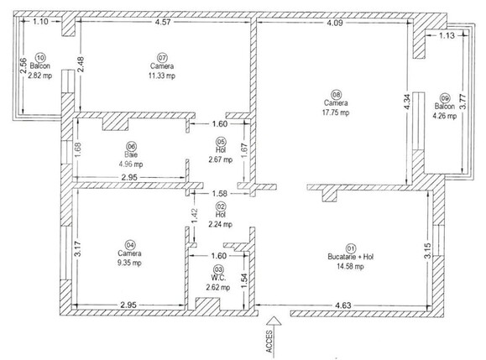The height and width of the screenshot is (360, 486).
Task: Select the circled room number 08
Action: (336, 94)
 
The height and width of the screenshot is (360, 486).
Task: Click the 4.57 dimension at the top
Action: (165, 23)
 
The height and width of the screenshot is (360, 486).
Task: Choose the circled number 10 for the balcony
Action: (40, 56)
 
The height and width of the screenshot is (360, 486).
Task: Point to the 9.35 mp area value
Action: (129, 263)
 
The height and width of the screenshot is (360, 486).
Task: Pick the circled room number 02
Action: (221, 206)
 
